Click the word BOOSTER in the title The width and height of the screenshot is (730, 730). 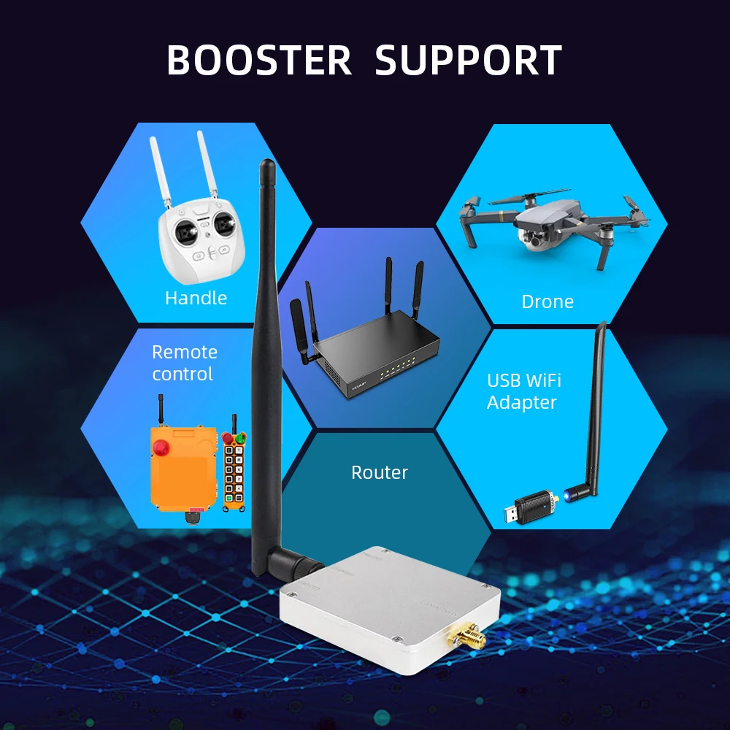coord(259,61)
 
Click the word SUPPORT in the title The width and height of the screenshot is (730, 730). coord(468,61)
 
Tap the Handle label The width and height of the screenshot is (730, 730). coord(196,298)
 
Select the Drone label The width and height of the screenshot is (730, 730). coord(547,301)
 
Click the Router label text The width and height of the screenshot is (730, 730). coord(380,472)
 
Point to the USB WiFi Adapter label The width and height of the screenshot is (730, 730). coord(523,391)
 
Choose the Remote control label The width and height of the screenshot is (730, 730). coord(184,363)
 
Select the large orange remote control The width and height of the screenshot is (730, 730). coord(184,467)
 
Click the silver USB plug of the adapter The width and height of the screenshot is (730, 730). coord(512,515)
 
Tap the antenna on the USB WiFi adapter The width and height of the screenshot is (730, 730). coord(592,409)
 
